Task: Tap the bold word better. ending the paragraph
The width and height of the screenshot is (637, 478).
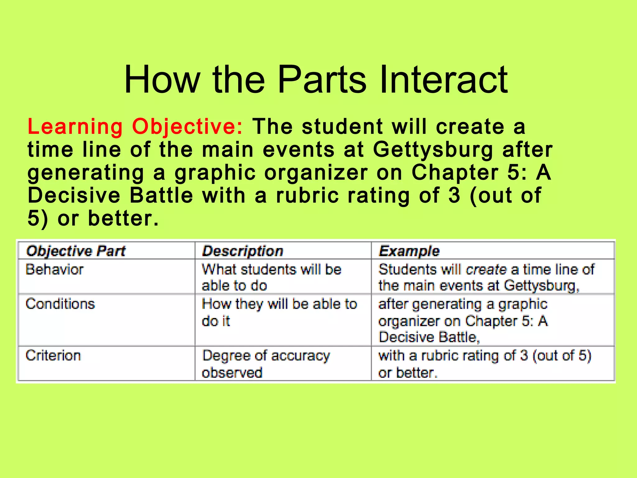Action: coord(123,218)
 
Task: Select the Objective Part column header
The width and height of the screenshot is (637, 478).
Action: coord(76,251)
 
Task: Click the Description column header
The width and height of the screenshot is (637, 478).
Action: coord(243,251)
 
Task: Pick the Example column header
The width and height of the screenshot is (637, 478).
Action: coord(409,251)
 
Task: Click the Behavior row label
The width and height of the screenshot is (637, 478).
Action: coord(55,269)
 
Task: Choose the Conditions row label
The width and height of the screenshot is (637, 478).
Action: coord(60,304)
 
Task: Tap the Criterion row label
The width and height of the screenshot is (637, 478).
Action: coord(53,355)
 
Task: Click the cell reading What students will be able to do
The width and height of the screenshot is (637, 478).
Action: coord(272,277)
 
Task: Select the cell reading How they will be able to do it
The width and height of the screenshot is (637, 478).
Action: coord(279,312)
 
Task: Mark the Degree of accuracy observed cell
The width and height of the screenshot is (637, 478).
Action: coord(266,364)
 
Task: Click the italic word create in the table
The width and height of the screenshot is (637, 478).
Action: coord(486,269)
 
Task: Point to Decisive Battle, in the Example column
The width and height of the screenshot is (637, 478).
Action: coord(429,337)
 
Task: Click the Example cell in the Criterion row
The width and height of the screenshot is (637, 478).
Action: coord(485,364)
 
